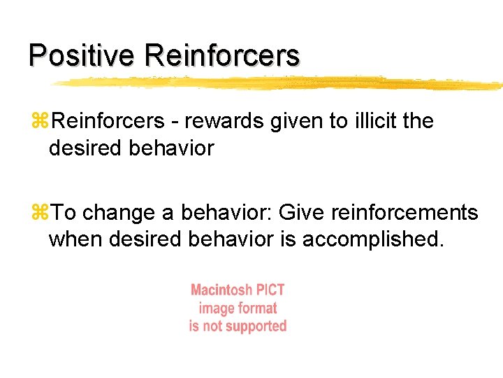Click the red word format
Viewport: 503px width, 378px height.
tap(258, 308)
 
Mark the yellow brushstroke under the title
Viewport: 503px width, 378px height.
tap(279, 83)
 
